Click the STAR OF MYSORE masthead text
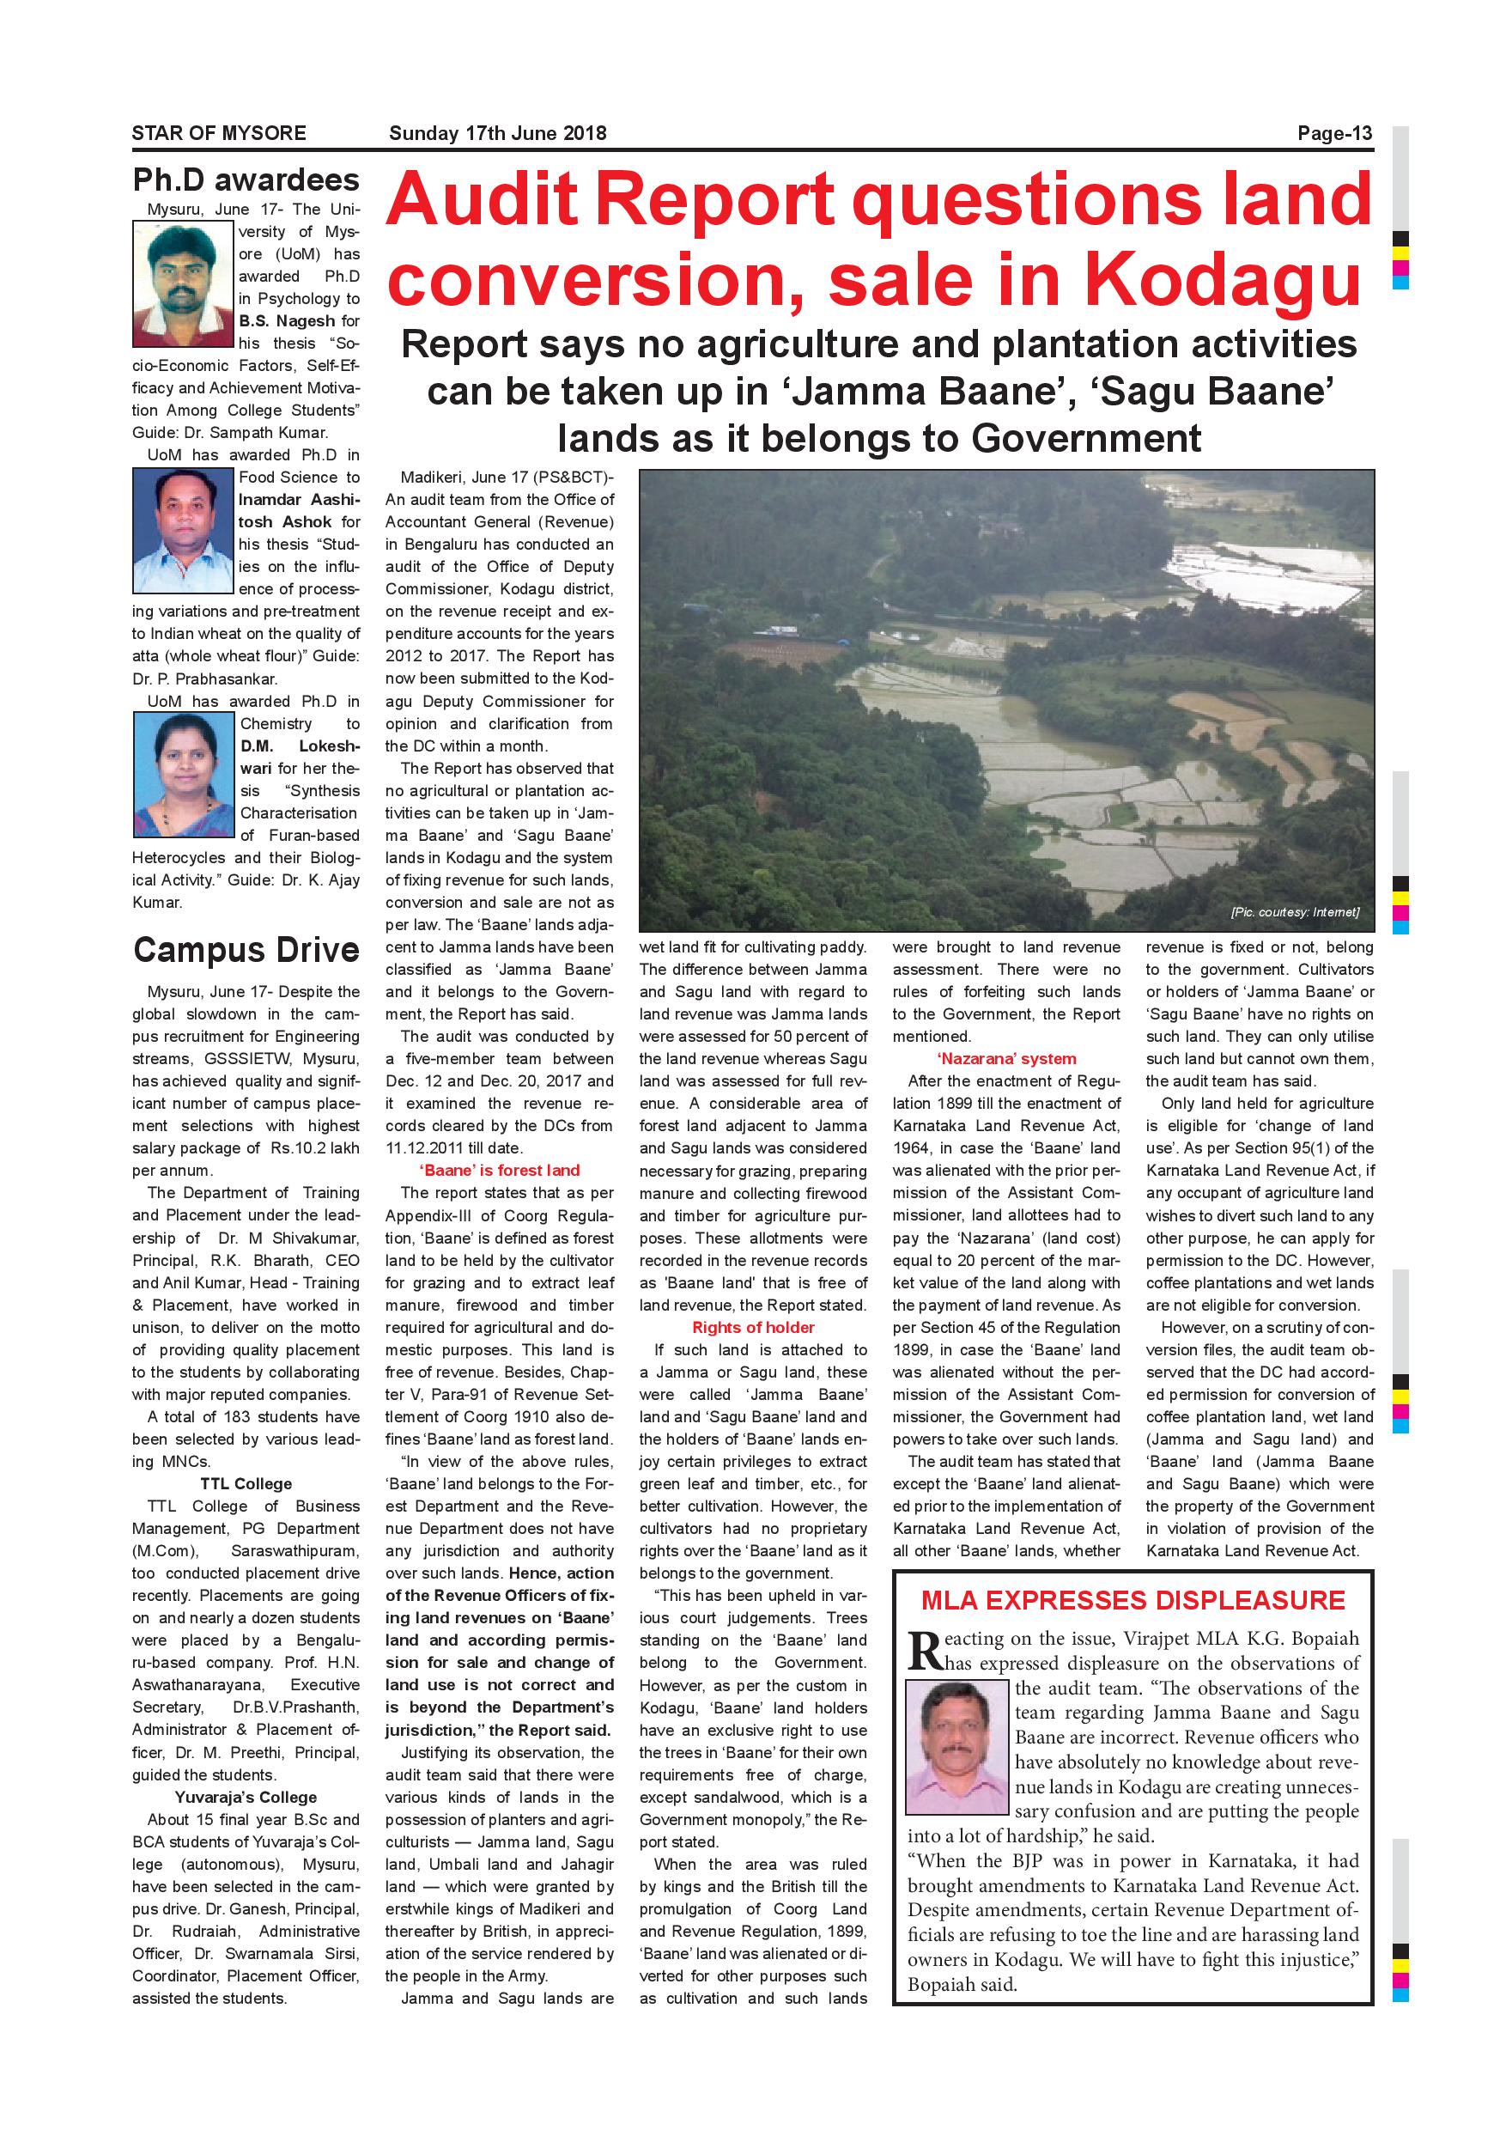(x=219, y=134)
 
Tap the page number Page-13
(x=1333, y=134)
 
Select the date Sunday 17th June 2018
(x=497, y=134)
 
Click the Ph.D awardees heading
(x=246, y=180)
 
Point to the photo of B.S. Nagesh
(x=183, y=284)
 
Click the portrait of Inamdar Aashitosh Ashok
(x=183, y=531)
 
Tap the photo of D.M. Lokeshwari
(x=184, y=775)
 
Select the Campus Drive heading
(x=246, y=950)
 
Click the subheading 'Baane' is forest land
(x=500, y=1171)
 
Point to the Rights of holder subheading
(x=753, y=1328)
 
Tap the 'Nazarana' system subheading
(x=1006, y=1058)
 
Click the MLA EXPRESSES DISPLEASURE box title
(x=1133, y=1600)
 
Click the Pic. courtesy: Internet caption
(x=1295, y=912)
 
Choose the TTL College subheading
(x=246, y=1484)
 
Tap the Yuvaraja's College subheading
(x=246, y=1797)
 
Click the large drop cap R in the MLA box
(x=925, y=1649)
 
